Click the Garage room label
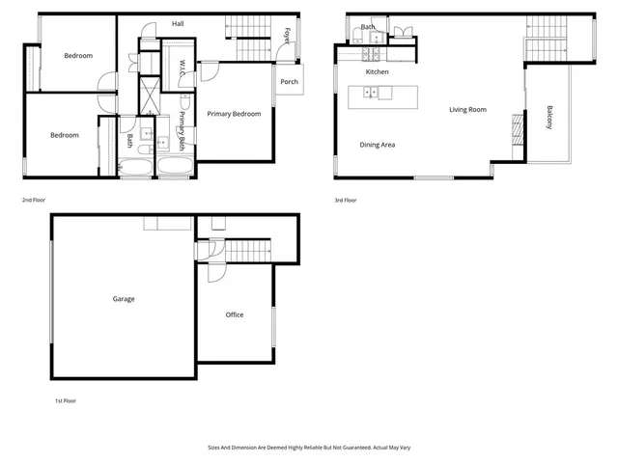coord(124,299)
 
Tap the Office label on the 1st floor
coord(235,315)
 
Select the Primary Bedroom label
coord(234,114)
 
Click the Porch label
coord(289,82)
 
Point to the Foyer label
coord(287,36)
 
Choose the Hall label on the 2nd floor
coord(178,23)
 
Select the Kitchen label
coord(377,72)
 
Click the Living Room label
coord(467,110)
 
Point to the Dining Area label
coord(378,145)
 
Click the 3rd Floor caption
coord(345,200)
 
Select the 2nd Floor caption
coord(34,200)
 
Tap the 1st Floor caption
coord(64,399)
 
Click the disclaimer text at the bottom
coord(309,448)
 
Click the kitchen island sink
coord(369,94)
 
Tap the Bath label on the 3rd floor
coord(368,27)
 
